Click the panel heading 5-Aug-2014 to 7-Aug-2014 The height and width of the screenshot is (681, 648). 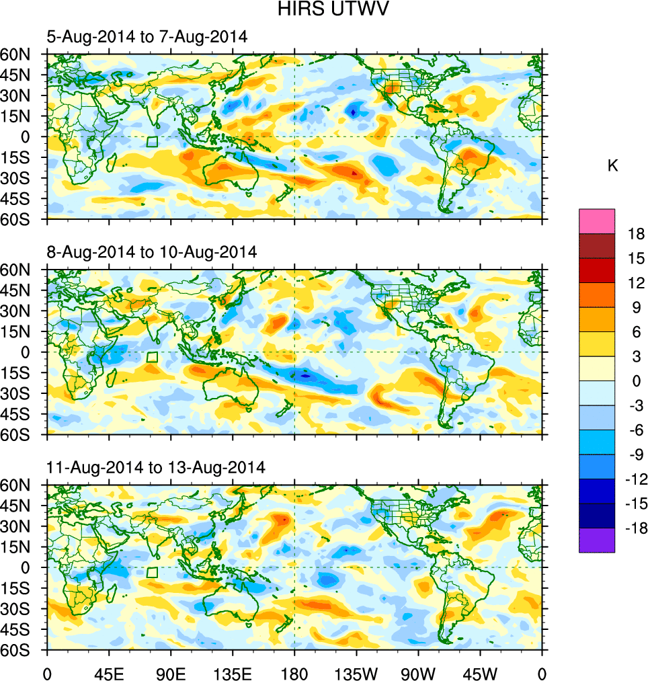(x=147, y=37)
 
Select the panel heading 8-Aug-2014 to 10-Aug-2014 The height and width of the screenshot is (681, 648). (x=151, y=252)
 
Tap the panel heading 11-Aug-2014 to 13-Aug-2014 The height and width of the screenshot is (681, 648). (x=155, y=467)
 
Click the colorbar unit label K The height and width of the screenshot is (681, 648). (x=612, y=166)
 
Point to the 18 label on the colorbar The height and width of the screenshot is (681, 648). (x=636, y=235)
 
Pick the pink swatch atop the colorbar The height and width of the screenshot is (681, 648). (x=597, y=221)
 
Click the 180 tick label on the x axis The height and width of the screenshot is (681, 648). (x=294, y=672)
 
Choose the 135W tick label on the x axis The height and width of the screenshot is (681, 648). (x=356, y=672)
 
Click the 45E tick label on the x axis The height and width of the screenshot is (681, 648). (x=109, y=672)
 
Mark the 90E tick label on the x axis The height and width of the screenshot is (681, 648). (x=171, y=672)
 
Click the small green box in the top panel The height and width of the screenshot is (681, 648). (x=152, y=142)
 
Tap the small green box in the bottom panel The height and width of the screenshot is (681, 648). (x=152, y=572)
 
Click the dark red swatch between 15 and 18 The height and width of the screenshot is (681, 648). (x=597, y=245)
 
